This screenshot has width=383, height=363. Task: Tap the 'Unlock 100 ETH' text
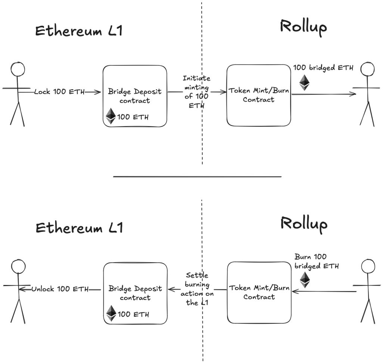click(x=60, y=289)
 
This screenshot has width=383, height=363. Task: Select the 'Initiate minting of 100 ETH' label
click(x=196, y=92)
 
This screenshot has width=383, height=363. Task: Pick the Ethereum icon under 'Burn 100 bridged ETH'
click(x=305, y=279)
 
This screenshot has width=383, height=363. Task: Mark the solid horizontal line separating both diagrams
click(x=197, y=176)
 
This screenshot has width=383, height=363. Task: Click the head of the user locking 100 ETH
click(x=18, y=69)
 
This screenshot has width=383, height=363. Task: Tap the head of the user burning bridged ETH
click(x=368, y=266)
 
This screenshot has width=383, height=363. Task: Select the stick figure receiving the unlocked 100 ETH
click(x=18, y=291)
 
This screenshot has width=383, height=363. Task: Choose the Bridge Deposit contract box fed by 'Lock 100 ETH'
click(x=135, y=96)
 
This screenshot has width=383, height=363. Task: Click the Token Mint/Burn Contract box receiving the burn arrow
click(x=259, y=292)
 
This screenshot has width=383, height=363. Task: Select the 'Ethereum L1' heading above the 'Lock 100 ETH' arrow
click(x=79, y=31)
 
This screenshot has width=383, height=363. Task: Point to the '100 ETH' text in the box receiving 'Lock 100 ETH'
click(x=133, y=117)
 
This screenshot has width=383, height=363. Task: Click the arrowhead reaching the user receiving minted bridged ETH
click(x=353, y=94)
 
